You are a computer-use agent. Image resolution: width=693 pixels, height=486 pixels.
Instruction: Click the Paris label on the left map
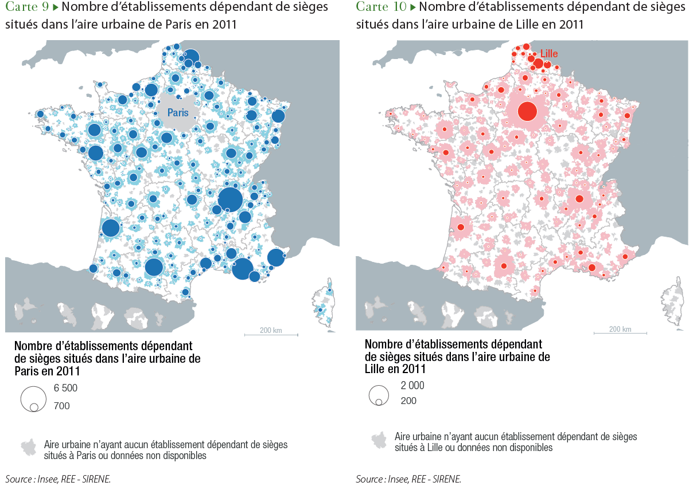(178, 113)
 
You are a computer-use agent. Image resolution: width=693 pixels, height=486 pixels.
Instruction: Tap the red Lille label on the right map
(549, 54)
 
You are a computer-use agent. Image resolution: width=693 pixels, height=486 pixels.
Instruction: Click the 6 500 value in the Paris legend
(65, 388)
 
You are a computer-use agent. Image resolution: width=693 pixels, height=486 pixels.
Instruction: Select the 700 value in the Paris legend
(62, 406)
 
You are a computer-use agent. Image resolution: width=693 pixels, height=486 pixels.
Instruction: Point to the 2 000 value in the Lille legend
(412, 386)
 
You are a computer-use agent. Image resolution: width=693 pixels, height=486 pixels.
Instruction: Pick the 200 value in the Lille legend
(408, 401)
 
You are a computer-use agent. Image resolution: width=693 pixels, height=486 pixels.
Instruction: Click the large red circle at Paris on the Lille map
(527, 111)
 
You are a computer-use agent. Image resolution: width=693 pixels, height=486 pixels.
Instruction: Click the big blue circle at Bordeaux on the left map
(111, 228)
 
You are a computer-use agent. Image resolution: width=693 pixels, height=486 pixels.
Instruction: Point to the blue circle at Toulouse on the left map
(154, 267)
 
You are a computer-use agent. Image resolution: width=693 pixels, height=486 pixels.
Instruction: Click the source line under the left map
(58, 479)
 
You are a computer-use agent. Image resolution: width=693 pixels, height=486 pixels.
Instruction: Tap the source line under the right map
(408, 479)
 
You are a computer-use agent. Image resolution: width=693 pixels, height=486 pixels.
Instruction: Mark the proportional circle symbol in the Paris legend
(33, 399)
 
